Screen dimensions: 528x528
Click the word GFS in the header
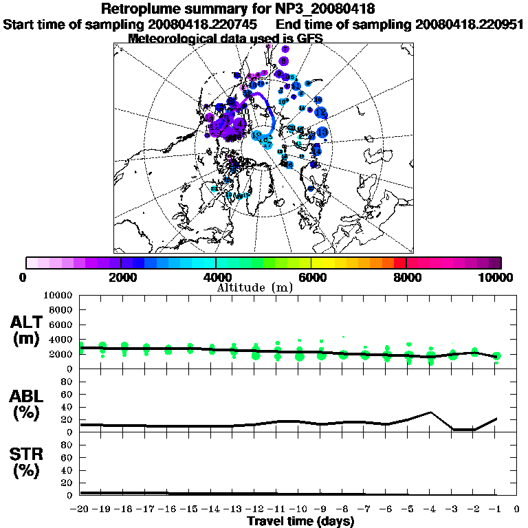click(x=310, y=38)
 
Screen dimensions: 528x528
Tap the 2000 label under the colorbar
click(x=121, y=277)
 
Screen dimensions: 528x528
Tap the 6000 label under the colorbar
click(x=311, y=277)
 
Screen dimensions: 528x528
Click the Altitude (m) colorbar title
click(x=254, y=287)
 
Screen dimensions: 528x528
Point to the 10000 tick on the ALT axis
click(x=58, y=295)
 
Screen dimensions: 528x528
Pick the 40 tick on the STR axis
click(x=68, y=470)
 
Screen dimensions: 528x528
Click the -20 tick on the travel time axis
click(x=80, y=509)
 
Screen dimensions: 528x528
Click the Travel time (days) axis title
click(x=300, y=522)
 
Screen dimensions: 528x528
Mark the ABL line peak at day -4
click(x=430, y=412)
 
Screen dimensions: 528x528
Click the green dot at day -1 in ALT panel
click(x=496, y=356)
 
